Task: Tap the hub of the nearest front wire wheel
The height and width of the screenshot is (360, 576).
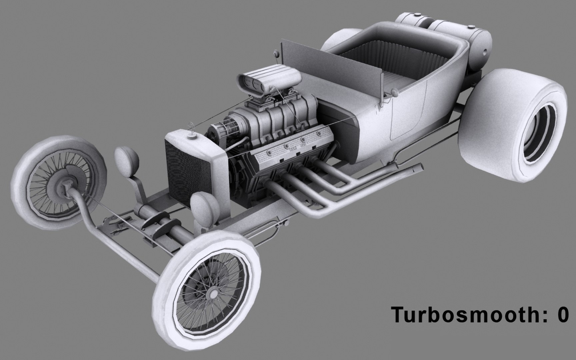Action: pos(211,294)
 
